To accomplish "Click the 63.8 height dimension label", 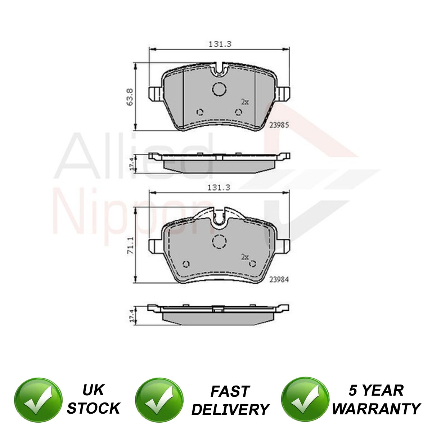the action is [130, 96].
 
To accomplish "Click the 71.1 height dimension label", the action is [130, 245].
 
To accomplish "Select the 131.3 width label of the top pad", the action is [220, 44].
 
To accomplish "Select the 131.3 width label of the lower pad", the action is [219, 187].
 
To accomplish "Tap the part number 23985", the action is [279, 125].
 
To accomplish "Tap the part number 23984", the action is [279, 280].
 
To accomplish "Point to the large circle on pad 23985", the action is [219, 89].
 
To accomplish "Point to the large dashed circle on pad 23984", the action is [219, 242].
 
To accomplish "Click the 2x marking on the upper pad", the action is [245, 102].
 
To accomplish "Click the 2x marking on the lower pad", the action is [245, 257].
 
